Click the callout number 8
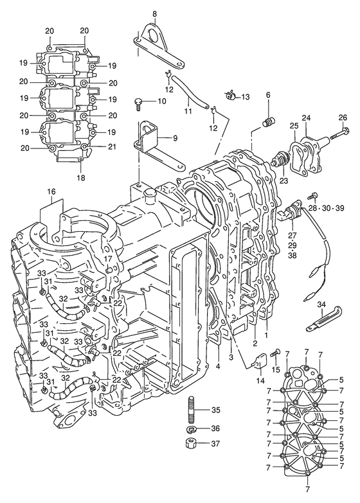click(x=155, y=13)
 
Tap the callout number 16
click(x=51, y=192)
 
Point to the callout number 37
click(x=215, y=444)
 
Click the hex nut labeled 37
click(x=192, y=444)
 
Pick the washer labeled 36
click(x=192, y=429)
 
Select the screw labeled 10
click(x=138, y=103)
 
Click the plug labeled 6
click(x=269, y=122)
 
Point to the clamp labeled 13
click(x=230, y=95)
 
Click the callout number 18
click(x=81, y=177)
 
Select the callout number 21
click(x=113, y=146)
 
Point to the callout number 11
click(x=188, y=111)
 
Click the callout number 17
click(x=108, y=258)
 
